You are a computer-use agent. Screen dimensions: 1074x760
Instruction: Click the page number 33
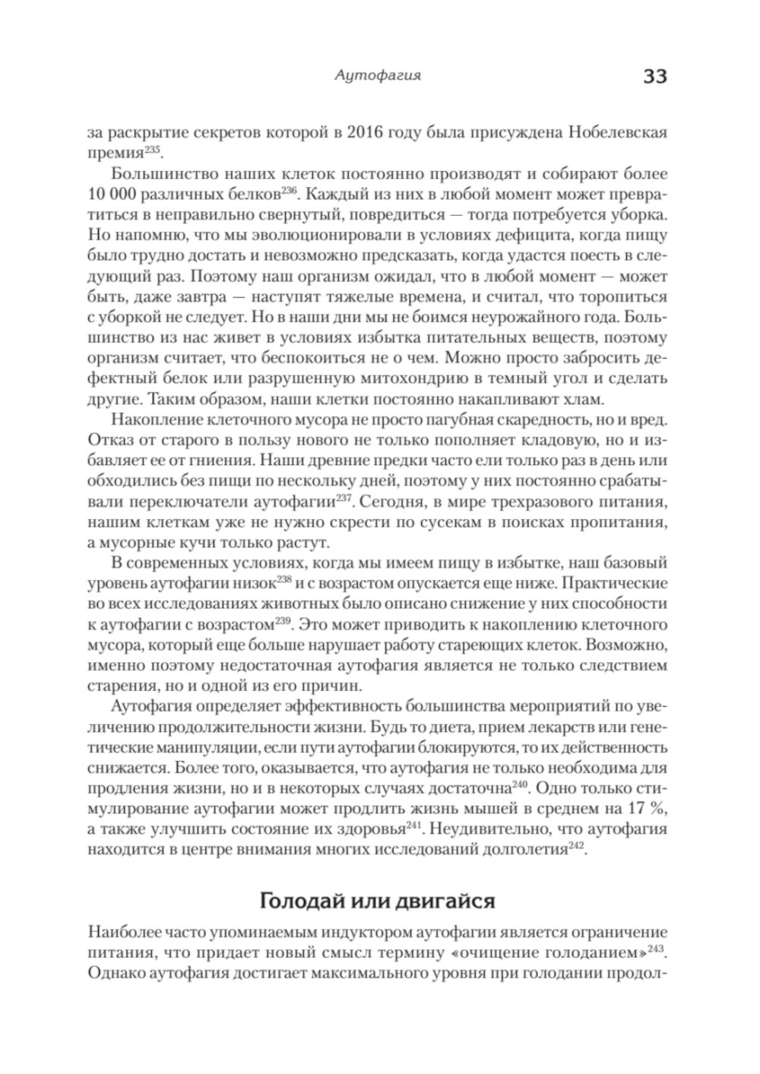[654, 78]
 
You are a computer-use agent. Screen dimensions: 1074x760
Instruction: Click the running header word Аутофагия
[378, 76]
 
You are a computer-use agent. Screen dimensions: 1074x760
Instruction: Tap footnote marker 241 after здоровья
[413, 824]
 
